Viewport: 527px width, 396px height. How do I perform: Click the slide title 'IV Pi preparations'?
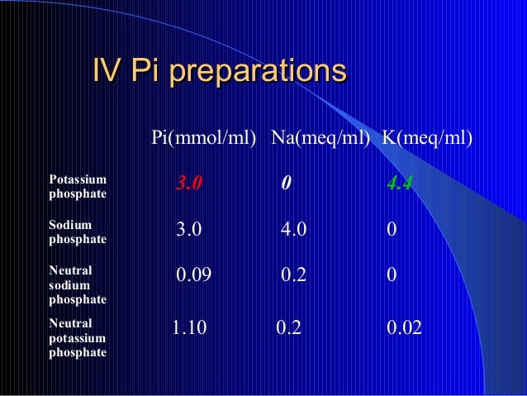pyautogui.click(x=219, y=71)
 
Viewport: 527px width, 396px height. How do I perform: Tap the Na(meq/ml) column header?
pyautogui.click(x=320, y=136)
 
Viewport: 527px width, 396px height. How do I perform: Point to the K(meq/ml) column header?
pyautogui.click(x=428, y=136)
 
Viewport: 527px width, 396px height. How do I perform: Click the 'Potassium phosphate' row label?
pyautogui.click(x=78, y=186)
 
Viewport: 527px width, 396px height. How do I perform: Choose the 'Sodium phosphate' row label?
pyautogui.click(x=78, y=231)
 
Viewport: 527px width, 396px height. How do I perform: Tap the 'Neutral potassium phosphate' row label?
pyautogui.click(x=78, y=337)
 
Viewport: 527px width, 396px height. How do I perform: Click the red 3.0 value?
pyautogui.click(x=189, y=184)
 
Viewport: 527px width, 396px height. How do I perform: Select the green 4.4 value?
pyautogui.click(x=401, y=184)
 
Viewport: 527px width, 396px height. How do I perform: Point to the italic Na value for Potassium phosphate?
pyautogui.click(x=285, y=184)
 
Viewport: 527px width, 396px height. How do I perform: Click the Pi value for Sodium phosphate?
pyautogui.click(x=189, y=230)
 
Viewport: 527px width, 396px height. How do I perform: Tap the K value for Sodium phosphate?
pyautogui.click(x=392, y=230)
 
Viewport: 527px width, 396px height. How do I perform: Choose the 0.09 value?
pyautogui.click(x=195, y=276)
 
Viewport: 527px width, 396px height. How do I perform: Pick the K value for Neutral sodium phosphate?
pyautogui.click(x=392, y=276)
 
